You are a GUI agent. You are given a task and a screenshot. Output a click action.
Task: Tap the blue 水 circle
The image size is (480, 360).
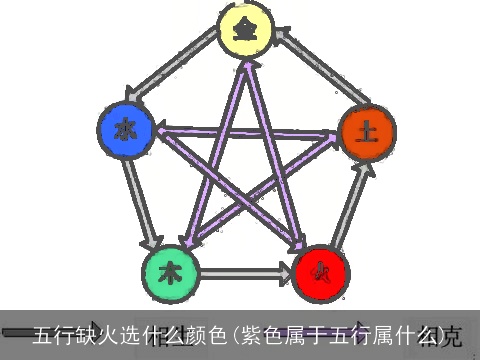pyautogui.click(x=125, y=129)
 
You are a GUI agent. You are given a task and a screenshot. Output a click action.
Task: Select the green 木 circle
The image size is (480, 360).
pyautogui.click(x=171, y=271)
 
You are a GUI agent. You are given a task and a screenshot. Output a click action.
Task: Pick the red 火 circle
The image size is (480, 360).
pyautogui.click(x=320, y=271)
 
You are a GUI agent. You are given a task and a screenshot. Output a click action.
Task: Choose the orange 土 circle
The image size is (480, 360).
pyautogui.click(x=366, y=133)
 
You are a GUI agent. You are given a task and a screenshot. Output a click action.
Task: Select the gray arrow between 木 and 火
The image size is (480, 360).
pyautogui.click(x=245, y=271)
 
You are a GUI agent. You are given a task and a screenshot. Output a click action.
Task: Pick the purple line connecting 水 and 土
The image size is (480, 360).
pyautogui.click(x=245, y=131)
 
